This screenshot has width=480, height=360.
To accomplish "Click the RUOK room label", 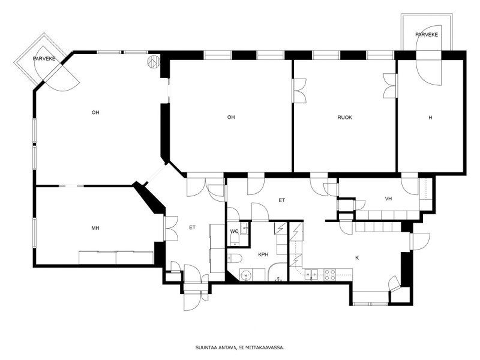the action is tap(344, 117).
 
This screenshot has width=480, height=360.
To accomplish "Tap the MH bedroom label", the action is tap(95, 228).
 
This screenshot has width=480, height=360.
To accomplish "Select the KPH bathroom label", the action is tap(263, 254).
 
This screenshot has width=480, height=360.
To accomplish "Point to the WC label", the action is tap(234, 231).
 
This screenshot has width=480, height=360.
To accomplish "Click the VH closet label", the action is tap(388, 199).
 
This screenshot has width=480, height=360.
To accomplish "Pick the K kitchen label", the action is tap(357, 258).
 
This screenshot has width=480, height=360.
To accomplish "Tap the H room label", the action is tap(430, 118).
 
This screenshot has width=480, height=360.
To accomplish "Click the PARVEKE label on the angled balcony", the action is tap(44, 59).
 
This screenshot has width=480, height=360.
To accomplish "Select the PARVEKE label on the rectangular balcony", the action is tap(427, 35).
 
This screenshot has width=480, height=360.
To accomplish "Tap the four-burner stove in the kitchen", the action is tap(330, 275).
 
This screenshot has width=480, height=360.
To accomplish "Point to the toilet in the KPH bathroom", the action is tap(235, 259).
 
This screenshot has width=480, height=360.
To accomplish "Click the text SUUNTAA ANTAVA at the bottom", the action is tap(216, 347).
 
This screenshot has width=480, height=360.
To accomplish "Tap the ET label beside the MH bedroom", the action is tap(192, 227).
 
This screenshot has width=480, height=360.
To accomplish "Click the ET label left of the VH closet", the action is tap(281, 200).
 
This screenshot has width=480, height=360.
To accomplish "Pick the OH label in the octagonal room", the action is tap(95, 112).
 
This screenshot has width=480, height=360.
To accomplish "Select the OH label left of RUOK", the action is tap(231, 117).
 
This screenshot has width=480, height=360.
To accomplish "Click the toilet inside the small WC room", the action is tap(234, 239).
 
